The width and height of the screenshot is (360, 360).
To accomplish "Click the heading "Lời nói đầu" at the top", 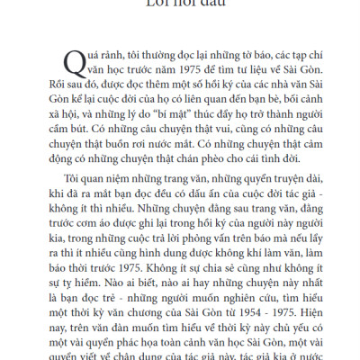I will click(x=180, y=4).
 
